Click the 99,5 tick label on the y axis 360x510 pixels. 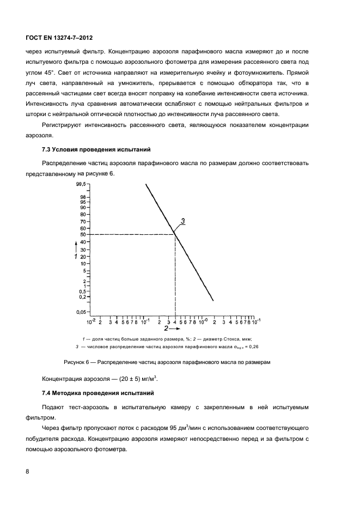point(82,185)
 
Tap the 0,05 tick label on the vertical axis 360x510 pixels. point(81,312)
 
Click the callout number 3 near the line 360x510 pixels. point(184,221)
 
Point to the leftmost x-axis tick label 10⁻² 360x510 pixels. point(91,322)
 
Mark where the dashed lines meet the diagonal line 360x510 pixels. point(175,234)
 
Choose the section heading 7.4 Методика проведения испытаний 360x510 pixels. point(94,392)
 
